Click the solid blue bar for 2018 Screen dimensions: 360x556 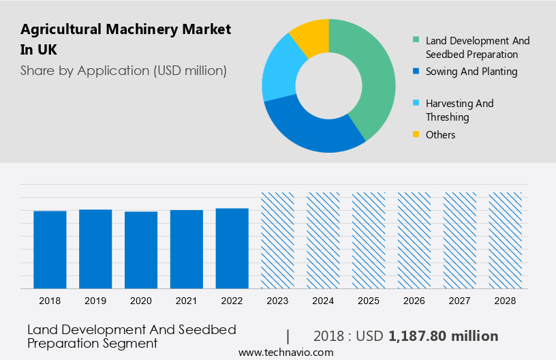[50, 250]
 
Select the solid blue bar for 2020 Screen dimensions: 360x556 [141, 250]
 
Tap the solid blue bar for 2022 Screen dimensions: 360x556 [232, 248]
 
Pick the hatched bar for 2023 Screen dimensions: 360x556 [278, 240]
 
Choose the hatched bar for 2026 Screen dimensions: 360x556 [414, 240]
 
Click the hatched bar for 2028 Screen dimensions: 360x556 [506, 240]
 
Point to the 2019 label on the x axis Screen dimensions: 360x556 [95, 301]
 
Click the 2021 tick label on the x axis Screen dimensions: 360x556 [187, 301]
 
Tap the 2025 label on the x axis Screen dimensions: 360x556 [369, 301]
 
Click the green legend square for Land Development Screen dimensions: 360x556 [416, 41]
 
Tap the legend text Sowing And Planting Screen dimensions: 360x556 [472, 72]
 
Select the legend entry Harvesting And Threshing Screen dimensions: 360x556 [459, 110]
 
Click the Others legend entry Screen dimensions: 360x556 [440, 135]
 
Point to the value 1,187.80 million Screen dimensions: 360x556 [443, 336]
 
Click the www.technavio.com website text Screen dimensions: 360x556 [285, 352]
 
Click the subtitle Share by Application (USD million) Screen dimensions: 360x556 [123, 70]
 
